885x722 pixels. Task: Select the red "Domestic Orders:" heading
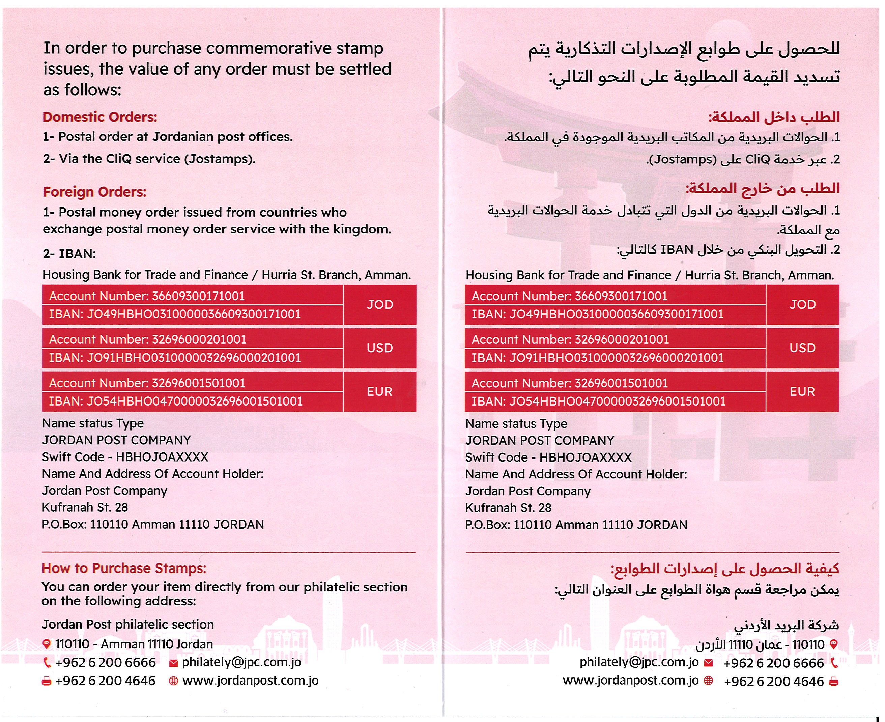tap(100, 117)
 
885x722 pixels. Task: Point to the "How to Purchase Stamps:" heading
tap(124, 568)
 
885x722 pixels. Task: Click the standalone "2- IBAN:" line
tap(69, 254)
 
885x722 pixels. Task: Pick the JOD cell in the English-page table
tap(379, 304)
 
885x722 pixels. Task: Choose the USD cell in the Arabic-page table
tap(802, 348)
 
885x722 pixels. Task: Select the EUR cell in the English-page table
tap(379, 391)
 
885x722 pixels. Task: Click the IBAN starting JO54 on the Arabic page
tap(598, 401)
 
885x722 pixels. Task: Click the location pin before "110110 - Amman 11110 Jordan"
tap(47, 644)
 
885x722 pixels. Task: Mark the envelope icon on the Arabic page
tap(708, 663)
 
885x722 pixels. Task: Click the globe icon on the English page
tap(173, 681)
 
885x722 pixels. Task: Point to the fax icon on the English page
tap(47, 681)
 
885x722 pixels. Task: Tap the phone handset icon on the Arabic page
tap(833, 663)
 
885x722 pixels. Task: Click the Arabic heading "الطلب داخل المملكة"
tap(774, 117)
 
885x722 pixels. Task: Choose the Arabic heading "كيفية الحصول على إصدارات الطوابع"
tap(724, 568)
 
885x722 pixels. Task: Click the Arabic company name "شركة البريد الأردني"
tap(786, 625)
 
